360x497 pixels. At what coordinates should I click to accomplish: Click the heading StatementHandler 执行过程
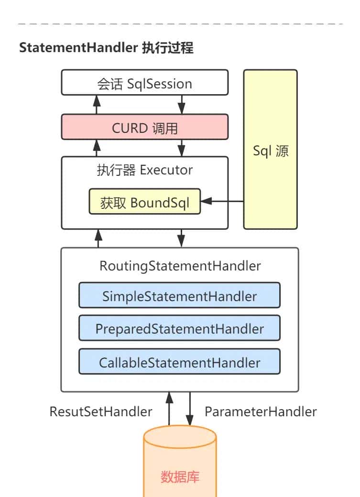(x=106, y=48)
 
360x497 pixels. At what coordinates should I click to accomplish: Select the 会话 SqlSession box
(x=144, y=84)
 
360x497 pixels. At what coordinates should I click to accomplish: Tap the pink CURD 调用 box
(x=144, y=128)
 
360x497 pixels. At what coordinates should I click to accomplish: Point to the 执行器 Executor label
(x=144, y=170)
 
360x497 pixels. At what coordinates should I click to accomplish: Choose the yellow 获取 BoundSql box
(x=144, y=202)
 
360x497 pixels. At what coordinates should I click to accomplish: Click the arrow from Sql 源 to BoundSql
(x=222, y=202)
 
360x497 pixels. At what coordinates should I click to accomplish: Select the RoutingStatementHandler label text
(x=180, y=266)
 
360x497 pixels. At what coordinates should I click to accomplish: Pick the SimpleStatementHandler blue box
(x=179, y=296)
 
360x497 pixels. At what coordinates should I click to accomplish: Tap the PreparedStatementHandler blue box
(x=179, y=329)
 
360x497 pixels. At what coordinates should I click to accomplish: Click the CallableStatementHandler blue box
(x=179, y=362)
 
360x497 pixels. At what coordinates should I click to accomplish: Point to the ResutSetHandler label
(x=101, y=411)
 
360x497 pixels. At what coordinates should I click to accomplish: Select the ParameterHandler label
(x=261, y=411)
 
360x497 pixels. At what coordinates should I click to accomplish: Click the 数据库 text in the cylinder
(x=180, y=476)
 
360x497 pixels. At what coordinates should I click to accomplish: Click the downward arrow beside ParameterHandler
(x=190, y=409)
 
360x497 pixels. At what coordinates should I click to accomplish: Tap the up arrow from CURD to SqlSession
(x=97, y=104)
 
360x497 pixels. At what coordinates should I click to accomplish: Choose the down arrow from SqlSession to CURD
(x=182, y=104)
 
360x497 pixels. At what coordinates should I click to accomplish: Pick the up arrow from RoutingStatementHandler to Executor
(x=98, y=238)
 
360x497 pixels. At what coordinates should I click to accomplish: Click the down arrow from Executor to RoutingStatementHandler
(x=182, y=238)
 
